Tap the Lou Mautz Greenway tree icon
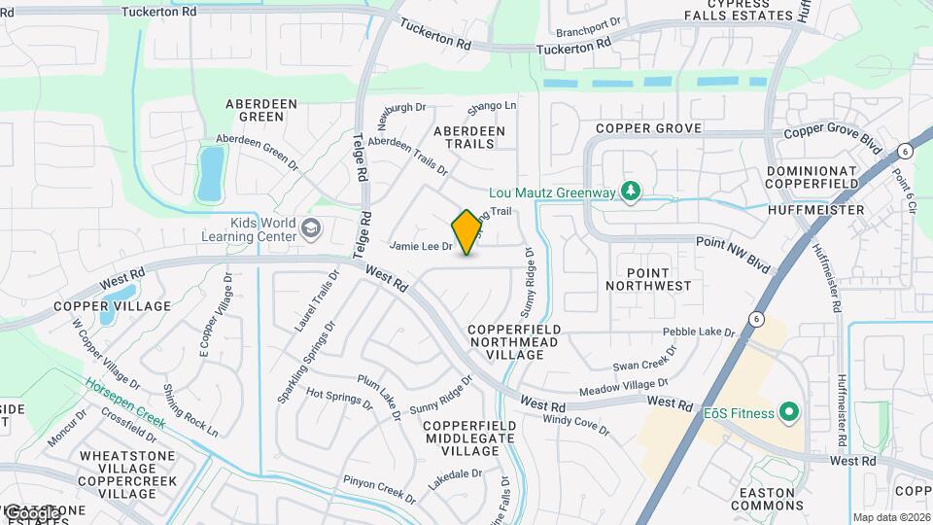(x=631, y=192)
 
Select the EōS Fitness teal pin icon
(x=789, y=413)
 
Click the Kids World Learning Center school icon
(x=311, y=229)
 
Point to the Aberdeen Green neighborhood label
(x=255, y=110)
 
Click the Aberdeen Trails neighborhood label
(x=469, y=137)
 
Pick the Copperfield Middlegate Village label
(x=454, y=438)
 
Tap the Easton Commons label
(x=766, y=499)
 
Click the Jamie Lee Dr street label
(x=421, y=247)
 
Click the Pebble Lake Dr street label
(x=699, y=332)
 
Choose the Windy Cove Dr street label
(x=575, y=425)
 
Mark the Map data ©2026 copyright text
(x=891, y=517)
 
